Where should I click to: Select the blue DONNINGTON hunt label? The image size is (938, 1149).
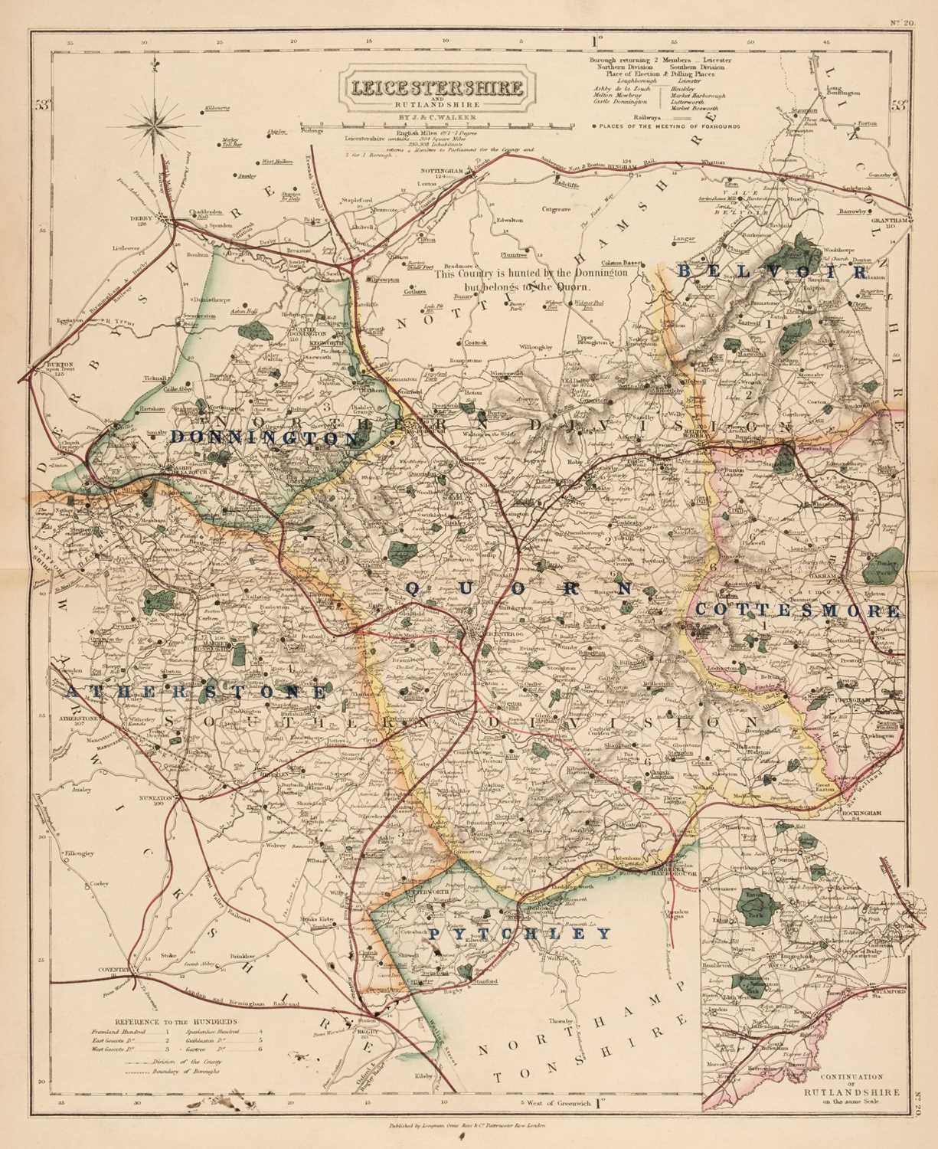coord(265,437)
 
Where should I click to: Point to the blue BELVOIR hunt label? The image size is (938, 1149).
coord(773,272)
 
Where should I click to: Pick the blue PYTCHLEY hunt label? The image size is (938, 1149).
coord(520,935)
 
